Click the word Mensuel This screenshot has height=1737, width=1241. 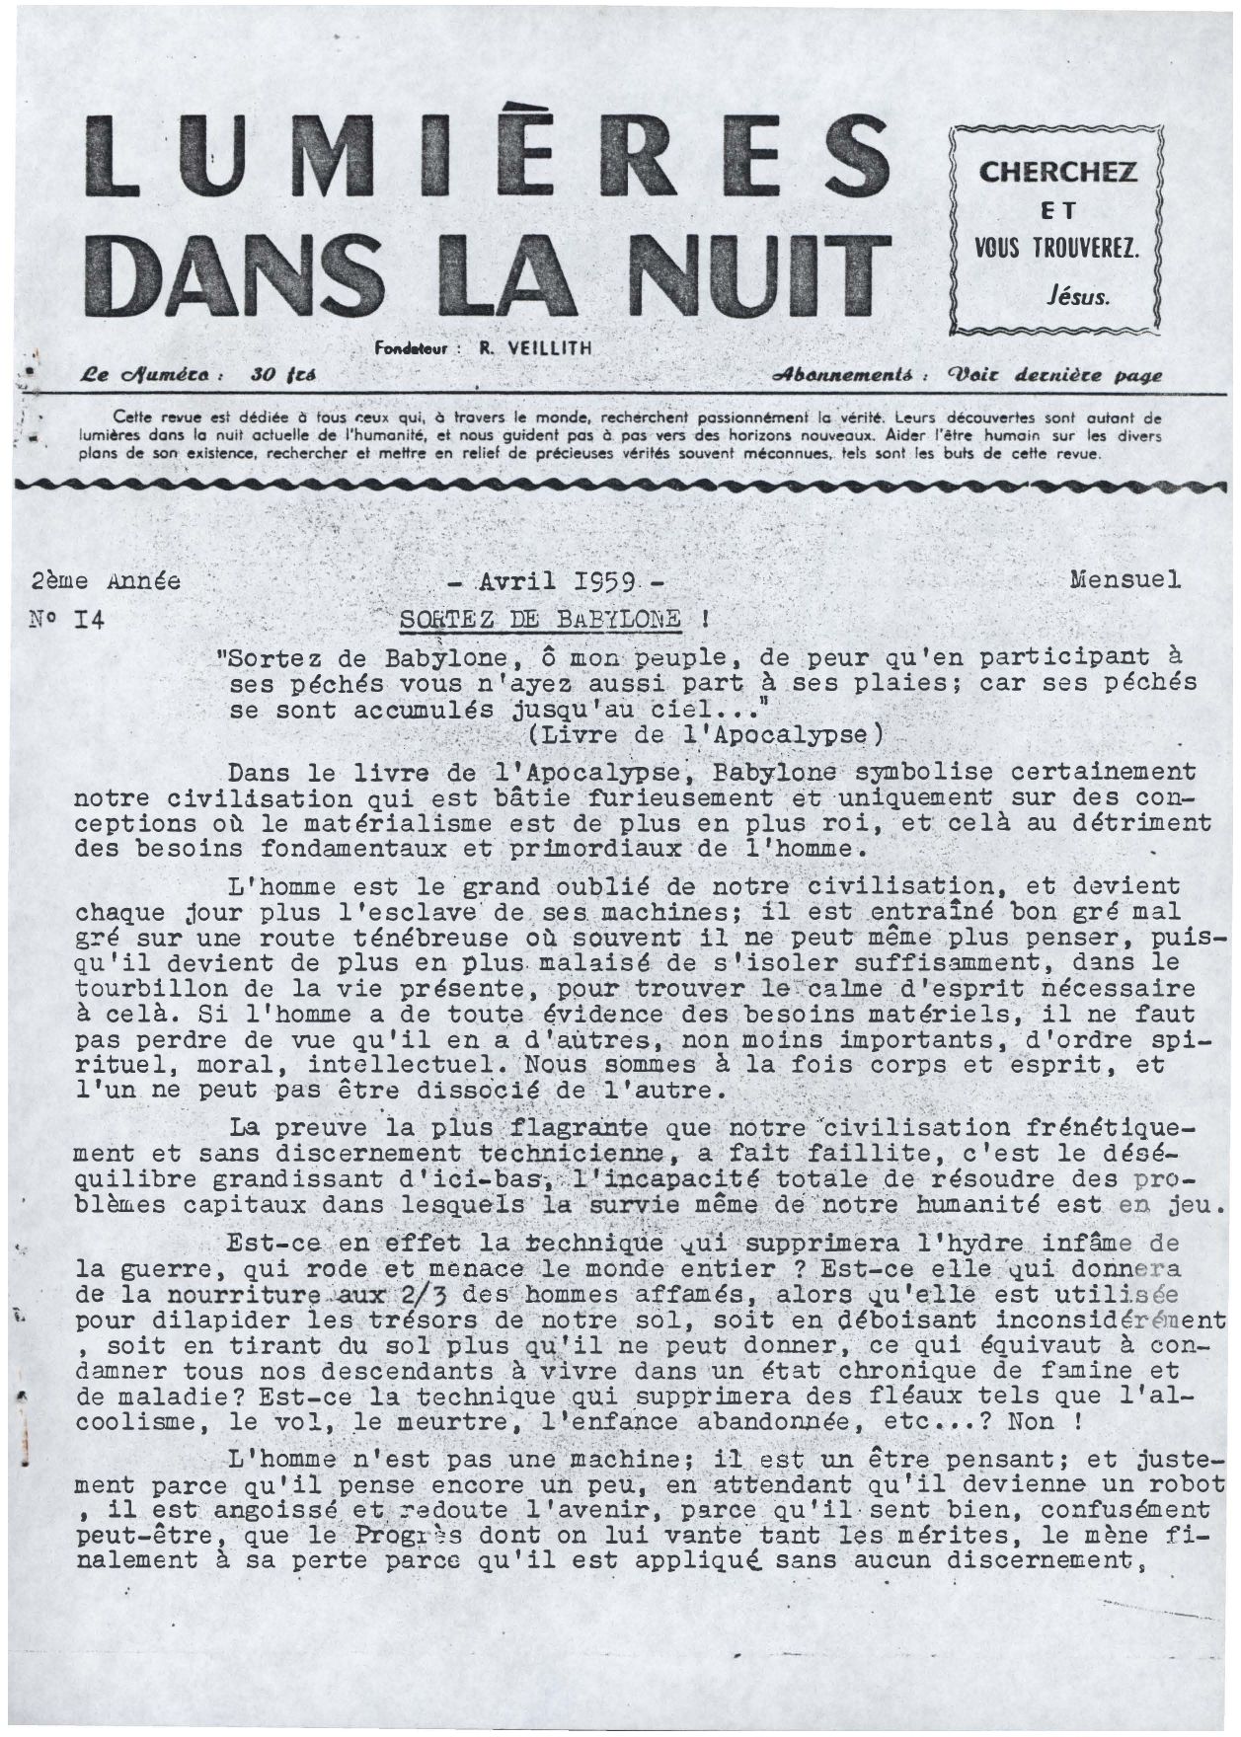pyautogui.click(x=1125, y=579)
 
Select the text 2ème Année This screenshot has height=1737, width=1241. pyautogui.click(x=107, y=581)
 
